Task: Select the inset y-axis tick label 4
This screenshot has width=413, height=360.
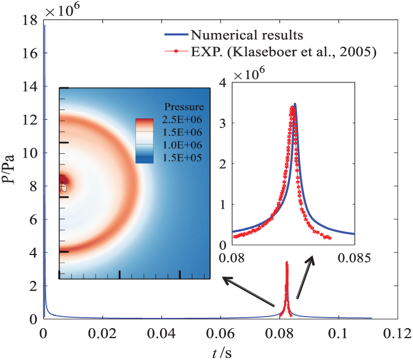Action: pos(223,82)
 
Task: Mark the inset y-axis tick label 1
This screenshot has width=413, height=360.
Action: pos(223,204)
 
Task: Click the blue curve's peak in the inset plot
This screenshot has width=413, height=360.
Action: pos(295,104)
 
